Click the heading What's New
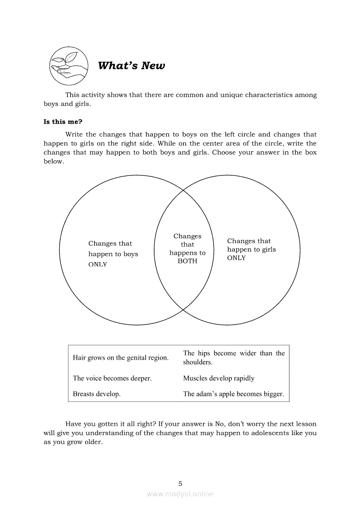point(132,66)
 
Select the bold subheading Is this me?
point(63,122)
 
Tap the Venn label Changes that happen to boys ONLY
point(112,254)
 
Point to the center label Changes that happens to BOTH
point(187,249)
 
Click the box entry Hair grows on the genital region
point(121,358)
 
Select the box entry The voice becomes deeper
point(112,378)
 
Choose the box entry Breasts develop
point(96,394)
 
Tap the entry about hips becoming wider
point(234,357)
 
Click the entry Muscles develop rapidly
point(219,378)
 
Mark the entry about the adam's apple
point(233,394)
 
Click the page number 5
point(180,483)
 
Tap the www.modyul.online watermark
point(180,494)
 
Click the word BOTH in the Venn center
point(187,261)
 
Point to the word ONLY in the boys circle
point(98,265)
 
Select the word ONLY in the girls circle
point(236,258)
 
